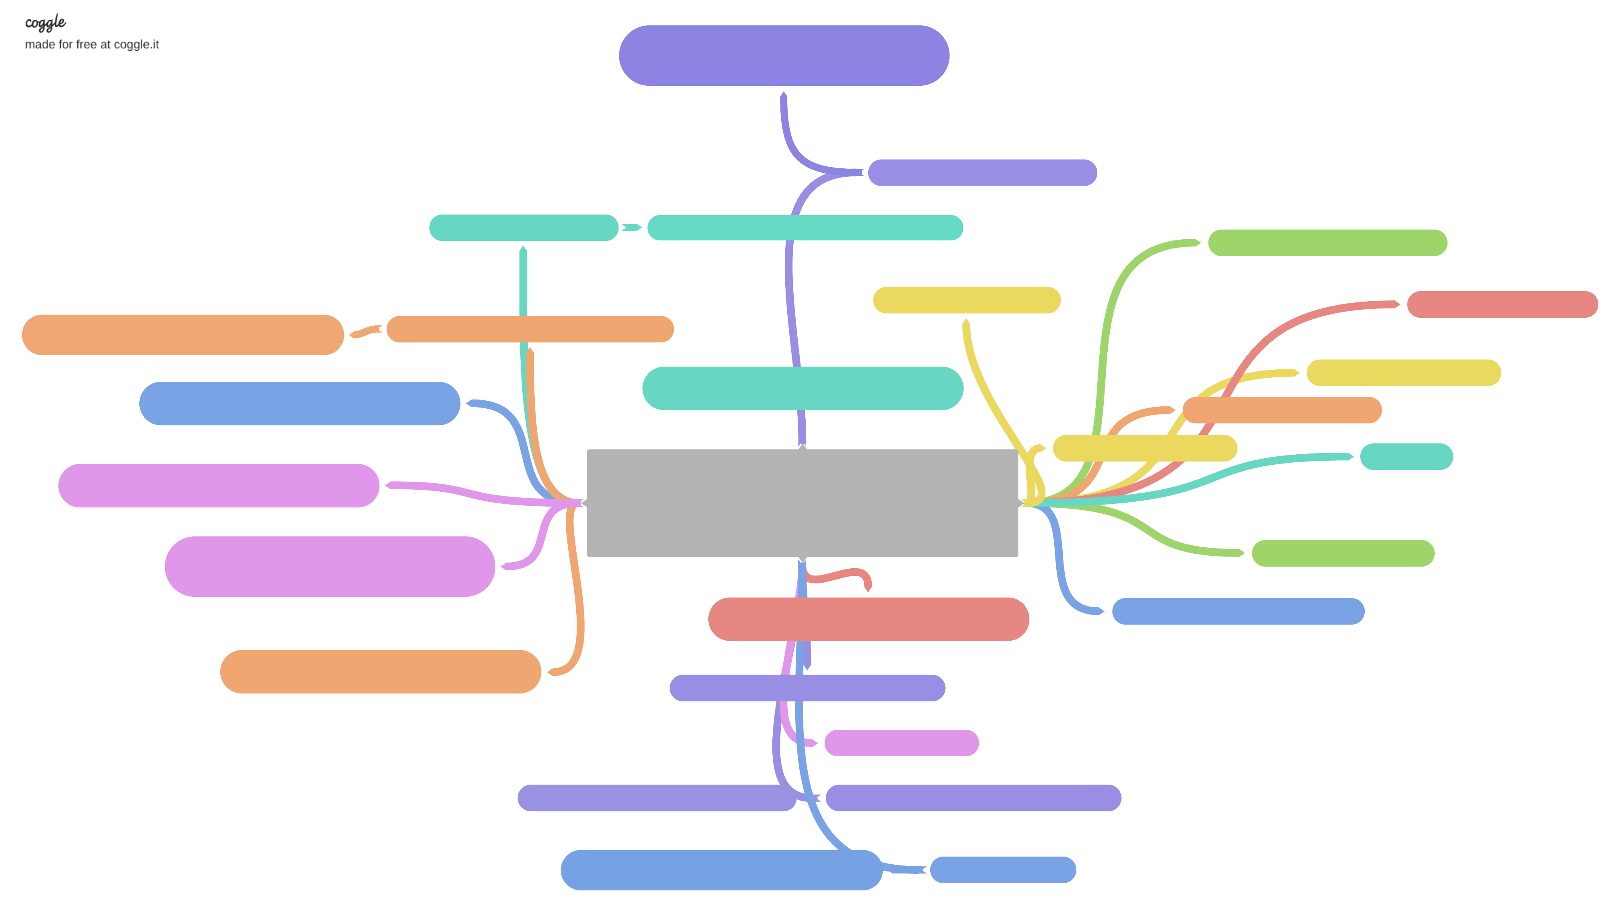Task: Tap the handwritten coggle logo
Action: point(46,23)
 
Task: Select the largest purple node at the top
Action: point(784,56)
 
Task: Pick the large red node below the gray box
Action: point(869,619)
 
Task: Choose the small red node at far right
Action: point(1502,304)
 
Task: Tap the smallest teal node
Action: point(1406,456)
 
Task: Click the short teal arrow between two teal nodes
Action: point(631,227)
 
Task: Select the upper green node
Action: point(1327,243)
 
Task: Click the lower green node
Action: point(1343,554)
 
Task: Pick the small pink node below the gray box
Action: point(901,743)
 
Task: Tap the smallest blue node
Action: point(1003,870)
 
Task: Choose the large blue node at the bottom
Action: point(721,870)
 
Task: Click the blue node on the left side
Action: point(299,404)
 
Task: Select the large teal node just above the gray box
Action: point(802,388)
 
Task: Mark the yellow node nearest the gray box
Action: point(1144,448)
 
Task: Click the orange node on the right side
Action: point(1282,410)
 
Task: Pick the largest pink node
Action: point(329,566)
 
